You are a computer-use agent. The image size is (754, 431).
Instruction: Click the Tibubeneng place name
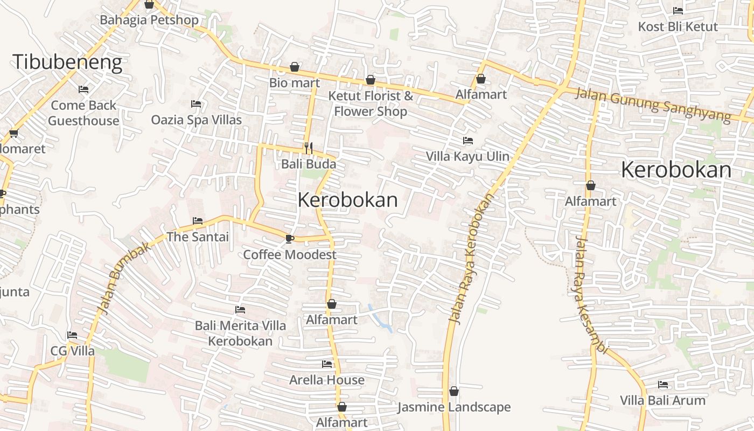tap(67, 62)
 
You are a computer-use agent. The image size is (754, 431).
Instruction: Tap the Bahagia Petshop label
tap(149, 20)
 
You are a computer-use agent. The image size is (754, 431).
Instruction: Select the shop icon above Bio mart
tap(295, 67)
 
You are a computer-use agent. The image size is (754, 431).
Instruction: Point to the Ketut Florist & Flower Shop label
tap(371, 104)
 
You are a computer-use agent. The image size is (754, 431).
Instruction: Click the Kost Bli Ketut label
tap(678, 26)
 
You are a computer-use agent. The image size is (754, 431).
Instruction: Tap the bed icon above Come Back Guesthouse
tap(83, 89)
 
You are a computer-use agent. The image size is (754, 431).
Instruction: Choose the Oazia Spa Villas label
tap(196, 120)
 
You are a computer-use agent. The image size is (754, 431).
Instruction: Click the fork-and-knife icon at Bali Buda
tap(309, 148)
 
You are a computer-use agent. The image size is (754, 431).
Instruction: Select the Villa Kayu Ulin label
tap(467, 156)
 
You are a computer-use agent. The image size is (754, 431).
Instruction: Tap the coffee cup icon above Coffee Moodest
tap(290, 238)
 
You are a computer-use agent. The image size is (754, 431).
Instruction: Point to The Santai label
tap(198, 237)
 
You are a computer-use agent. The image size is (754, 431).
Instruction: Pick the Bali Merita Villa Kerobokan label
tap(240, 333)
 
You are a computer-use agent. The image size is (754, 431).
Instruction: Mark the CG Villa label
tap(72, 351)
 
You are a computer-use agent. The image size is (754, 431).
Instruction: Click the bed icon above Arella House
tap(327, 364)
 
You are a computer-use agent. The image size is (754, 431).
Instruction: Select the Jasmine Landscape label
tap(453, 407)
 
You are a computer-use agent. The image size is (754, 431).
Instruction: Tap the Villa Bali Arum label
tap(662, 400)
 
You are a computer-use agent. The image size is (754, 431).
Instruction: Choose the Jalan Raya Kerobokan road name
tap(471, 259)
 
